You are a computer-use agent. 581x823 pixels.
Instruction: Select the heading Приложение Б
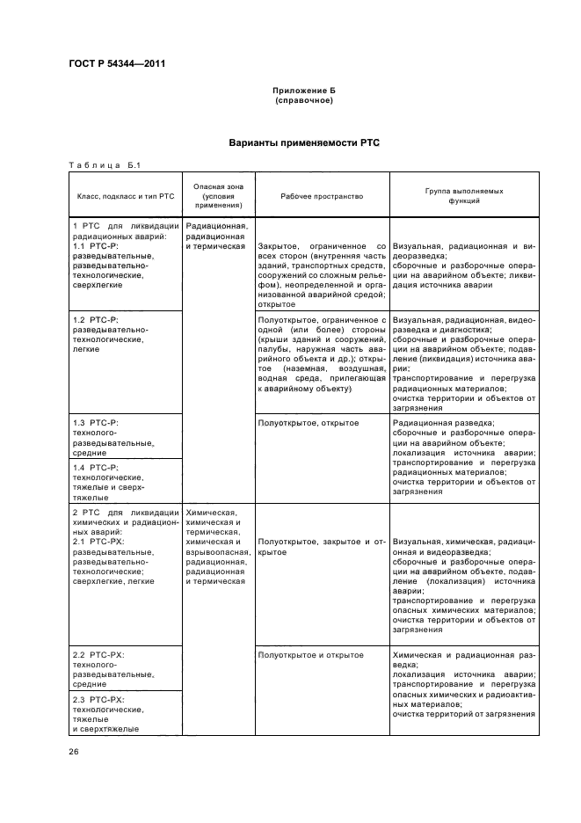[x=304, y=91]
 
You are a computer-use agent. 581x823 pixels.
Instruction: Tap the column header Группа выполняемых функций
[x=463, y=196]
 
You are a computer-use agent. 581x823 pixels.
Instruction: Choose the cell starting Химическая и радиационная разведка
[x=463, y=684]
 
